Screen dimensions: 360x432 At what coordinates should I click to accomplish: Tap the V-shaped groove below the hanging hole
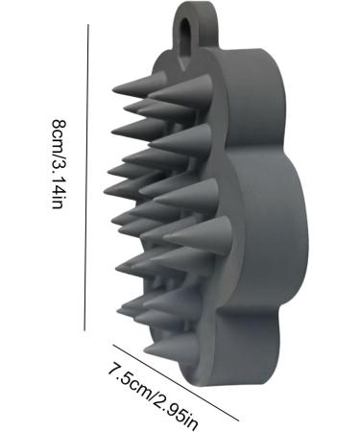click(x=183, y=62)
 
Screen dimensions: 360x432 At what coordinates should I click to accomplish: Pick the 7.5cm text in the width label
click(x=130, y=377)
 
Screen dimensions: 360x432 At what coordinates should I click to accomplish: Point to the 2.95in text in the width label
click(x=177, y=408)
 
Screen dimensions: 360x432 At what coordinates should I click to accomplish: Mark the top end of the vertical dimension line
click(x=88, y=24)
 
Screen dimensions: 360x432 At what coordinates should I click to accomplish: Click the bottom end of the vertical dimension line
click(x=84, y=330)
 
